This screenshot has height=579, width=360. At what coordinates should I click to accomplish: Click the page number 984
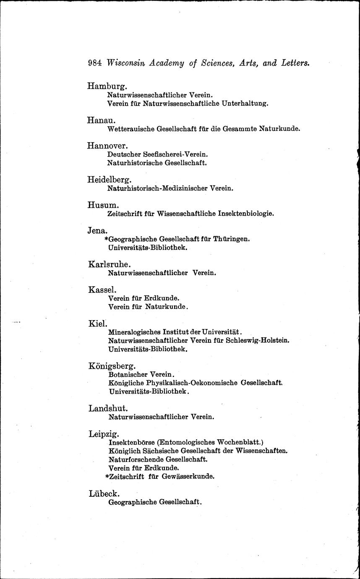tap(95, 63)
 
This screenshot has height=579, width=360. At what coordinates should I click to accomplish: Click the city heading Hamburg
tap(107, 86)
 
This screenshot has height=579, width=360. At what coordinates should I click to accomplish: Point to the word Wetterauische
tap(130, 129)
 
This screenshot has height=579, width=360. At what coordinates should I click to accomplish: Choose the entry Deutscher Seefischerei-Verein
tap(158, 154)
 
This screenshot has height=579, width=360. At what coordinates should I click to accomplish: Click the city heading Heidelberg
tap(109, 180)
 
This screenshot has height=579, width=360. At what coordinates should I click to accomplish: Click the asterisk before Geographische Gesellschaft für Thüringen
tap(106, 239)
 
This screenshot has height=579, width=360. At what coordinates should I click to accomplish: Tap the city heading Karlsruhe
tap(110, 264)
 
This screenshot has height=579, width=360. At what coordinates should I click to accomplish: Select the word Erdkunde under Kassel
tap(162, 298)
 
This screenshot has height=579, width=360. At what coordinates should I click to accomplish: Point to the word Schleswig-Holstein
tap(257, 340)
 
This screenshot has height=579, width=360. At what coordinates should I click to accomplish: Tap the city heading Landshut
tap(108, 408)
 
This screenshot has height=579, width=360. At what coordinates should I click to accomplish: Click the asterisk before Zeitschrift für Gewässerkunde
tap(107, 477)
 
